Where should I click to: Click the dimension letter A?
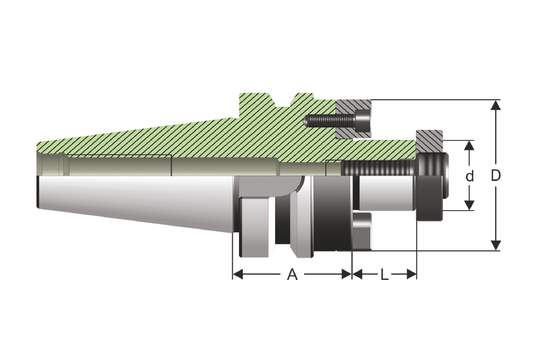[x=292, y=274]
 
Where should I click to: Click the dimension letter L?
[x=384, y=274]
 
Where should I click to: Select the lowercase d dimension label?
[x=469, y=176]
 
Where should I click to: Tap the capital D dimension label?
[x=495, y=175]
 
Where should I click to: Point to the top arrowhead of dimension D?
[x=495, y=105]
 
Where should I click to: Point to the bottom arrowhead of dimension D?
[x=495, y=245]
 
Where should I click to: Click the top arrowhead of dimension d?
[x=469, y=146]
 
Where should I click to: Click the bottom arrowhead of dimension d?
[x=469, y=205]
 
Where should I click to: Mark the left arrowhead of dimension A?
[x=238, y=274]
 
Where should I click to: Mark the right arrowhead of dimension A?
[x=346, y=274]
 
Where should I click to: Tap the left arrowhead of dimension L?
[x=357, y=274]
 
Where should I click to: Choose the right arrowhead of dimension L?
[x=411, y=274]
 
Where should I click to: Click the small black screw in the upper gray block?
[x=337, y=120]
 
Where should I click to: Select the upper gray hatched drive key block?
[x=354, y=119]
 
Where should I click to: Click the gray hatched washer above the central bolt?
[x=430, y=141]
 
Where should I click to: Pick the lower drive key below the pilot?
[x=362, y=231]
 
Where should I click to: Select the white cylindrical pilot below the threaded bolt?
[x=387, y=193]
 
